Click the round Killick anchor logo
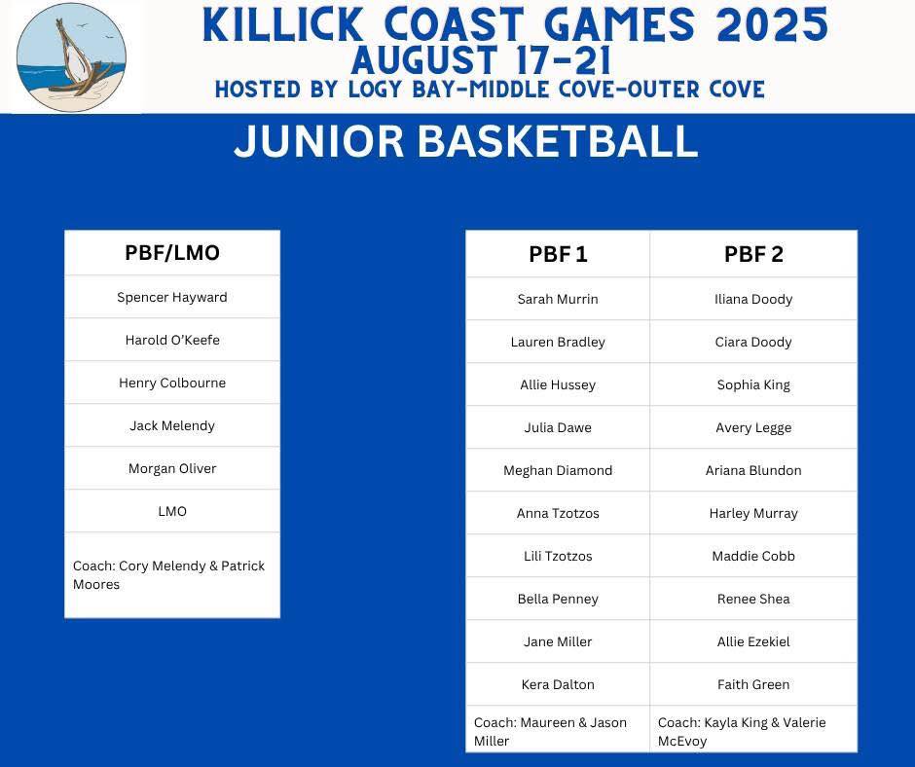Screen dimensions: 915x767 [x=71, y=57]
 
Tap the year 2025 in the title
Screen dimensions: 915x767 [x=772, y=25]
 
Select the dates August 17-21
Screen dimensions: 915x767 [x=482, y=60]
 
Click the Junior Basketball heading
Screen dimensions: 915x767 [x=465, y=141]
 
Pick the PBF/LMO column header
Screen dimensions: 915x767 [x=172, y=253]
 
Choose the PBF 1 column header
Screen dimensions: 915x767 [x=558, y=254]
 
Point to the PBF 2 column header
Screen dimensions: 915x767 [x=753, y=254]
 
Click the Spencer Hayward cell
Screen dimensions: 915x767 [x=172, y=297]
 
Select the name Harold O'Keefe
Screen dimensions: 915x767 [x=172, y=340]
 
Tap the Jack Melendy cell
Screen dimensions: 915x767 [x=172, y=425]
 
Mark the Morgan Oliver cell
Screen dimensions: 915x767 [x=172, y=468]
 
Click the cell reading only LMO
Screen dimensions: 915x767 [x=172, y=511]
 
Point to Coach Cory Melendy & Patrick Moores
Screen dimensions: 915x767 [x=168, y=575]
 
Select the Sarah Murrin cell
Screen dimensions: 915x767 [x=558, y=299]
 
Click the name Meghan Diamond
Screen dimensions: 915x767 [x=558, y=470]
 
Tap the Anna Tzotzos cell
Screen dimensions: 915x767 [x=558, y=513]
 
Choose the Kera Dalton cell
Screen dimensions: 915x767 [x=558, y=684]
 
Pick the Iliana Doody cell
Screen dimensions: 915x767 [x=753, y=299]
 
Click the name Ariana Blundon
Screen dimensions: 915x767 [x=753, y=470]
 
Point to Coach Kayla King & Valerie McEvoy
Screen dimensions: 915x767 [x=742, y=731]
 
